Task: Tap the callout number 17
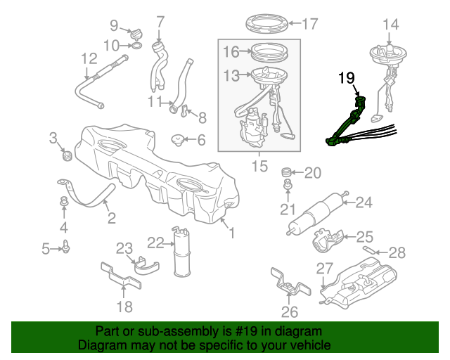click(x=309, y=24)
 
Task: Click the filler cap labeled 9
click(x=136, y=32)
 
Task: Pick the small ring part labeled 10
click(x=136, y=46)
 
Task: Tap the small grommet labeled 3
click(x=68, y=153)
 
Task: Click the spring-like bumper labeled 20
click(x=286, y=172)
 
